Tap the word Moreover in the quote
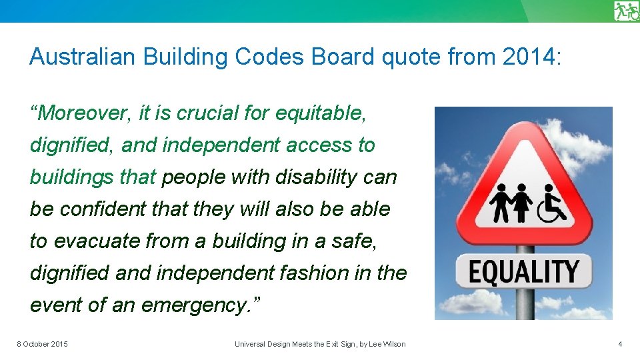pyautogui.click(x=83, y=113)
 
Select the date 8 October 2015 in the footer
pyautogui.click(x=42, y=344)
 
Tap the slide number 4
pyautogui.click(x=621, y=344)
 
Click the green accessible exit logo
pyautogui.click(x=627, y=11)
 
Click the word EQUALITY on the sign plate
pyautogui.click(x=523, y=271)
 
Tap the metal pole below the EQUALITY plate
pyautogui.click(x=525, y=304)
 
